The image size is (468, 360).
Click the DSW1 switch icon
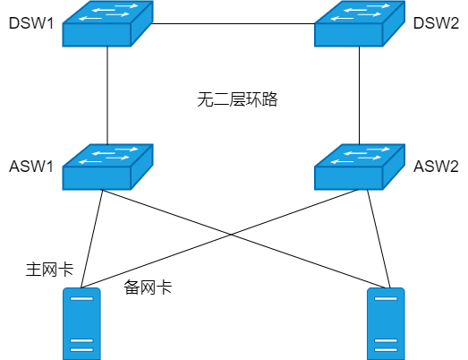tap(107, 23)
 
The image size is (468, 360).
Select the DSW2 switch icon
tap(360, 23)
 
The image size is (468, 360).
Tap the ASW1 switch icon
tap(107, 167)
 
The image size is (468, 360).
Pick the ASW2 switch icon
tap(360, 167)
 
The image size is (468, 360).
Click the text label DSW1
tap(31, 23)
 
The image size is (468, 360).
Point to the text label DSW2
tap(436, 23)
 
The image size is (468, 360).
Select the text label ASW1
tap(31, 167)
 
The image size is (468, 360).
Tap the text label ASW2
tap(436, 167)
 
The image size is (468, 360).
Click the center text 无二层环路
tap(237, 99)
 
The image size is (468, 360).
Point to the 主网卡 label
tap(49, 270)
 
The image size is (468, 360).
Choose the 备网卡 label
tap(148, 287)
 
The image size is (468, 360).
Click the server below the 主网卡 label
tap(81, 324)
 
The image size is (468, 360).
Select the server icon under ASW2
tap(386, 324)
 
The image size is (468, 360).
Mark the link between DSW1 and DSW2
tap(234, 23)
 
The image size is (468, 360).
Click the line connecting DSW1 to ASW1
tap(107, 96)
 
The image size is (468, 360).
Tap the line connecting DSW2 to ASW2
tap(360, 96)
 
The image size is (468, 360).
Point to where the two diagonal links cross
tap(232, 235)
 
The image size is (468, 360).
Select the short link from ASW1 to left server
tap(91, 239)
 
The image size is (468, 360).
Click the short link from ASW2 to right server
tap(379, 239)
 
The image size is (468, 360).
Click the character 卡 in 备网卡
tap(164, 287)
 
